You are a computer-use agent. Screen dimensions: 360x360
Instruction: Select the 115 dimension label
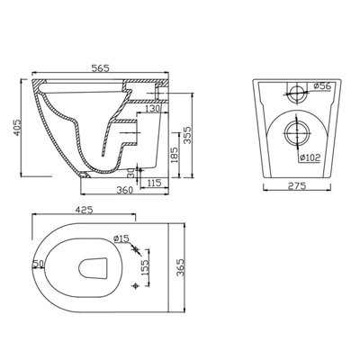tap(154, 183)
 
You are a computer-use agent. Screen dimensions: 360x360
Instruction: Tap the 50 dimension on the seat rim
tap(37, 263)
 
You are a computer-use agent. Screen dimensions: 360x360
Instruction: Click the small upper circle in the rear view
tap(294, 92)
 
